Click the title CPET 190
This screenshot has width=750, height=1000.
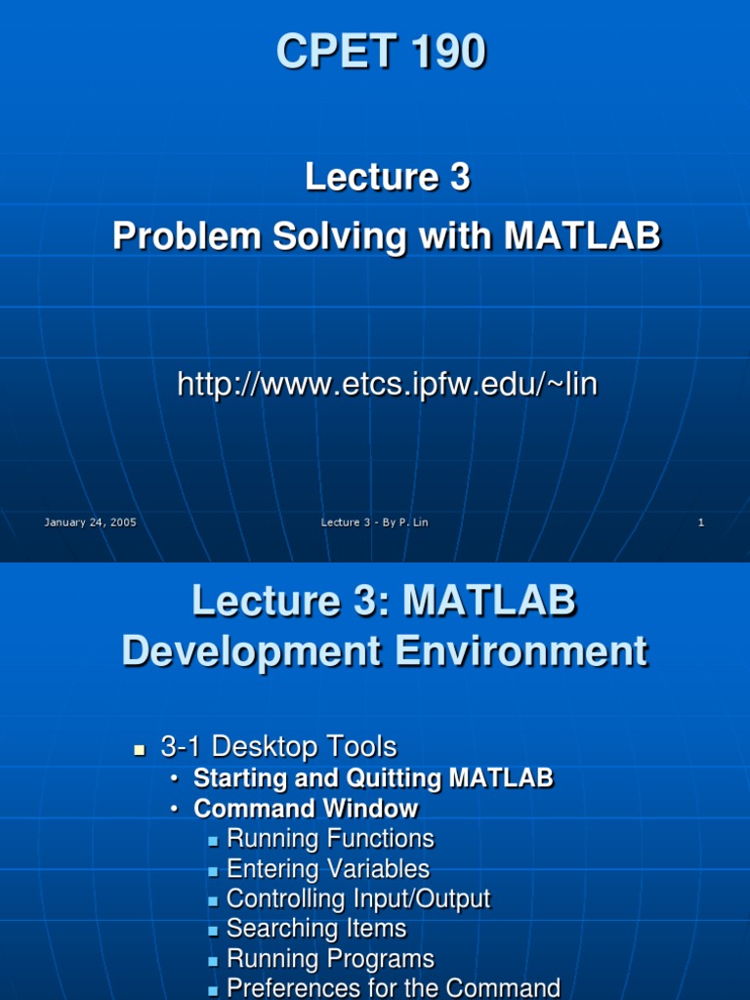(x=381, y=51)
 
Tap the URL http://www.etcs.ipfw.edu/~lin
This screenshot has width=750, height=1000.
(x=387, y=385)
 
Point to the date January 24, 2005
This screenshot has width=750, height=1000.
(x=90, y=522)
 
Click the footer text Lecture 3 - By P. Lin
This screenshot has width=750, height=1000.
(x=375, y=522)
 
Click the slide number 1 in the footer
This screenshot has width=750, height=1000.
(x=701, y=522)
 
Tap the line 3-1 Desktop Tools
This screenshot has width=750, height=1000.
(x=278, y=747)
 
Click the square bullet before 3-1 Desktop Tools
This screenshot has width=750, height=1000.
(x=138, y=750)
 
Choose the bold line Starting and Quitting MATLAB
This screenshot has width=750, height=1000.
(x=373, y=778)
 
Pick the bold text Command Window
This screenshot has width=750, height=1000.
(x=306, y=809)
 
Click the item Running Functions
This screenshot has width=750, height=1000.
(x=330, y=839)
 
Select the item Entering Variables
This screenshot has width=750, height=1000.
(x=328, y=869)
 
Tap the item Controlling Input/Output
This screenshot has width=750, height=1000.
(x=358, y=899)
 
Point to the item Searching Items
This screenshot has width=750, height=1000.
(x=316, y=930)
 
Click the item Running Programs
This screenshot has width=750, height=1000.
(x=330, y=960)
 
